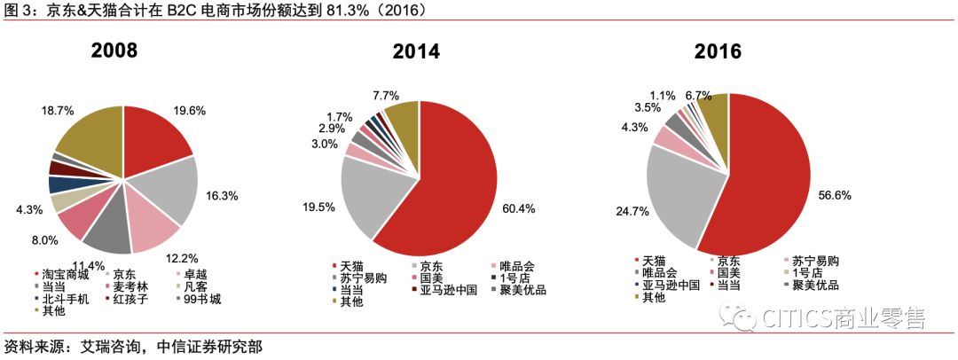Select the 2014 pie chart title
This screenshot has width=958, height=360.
pos(416,51)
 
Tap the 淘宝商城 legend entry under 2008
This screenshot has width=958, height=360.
pos(67,275)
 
